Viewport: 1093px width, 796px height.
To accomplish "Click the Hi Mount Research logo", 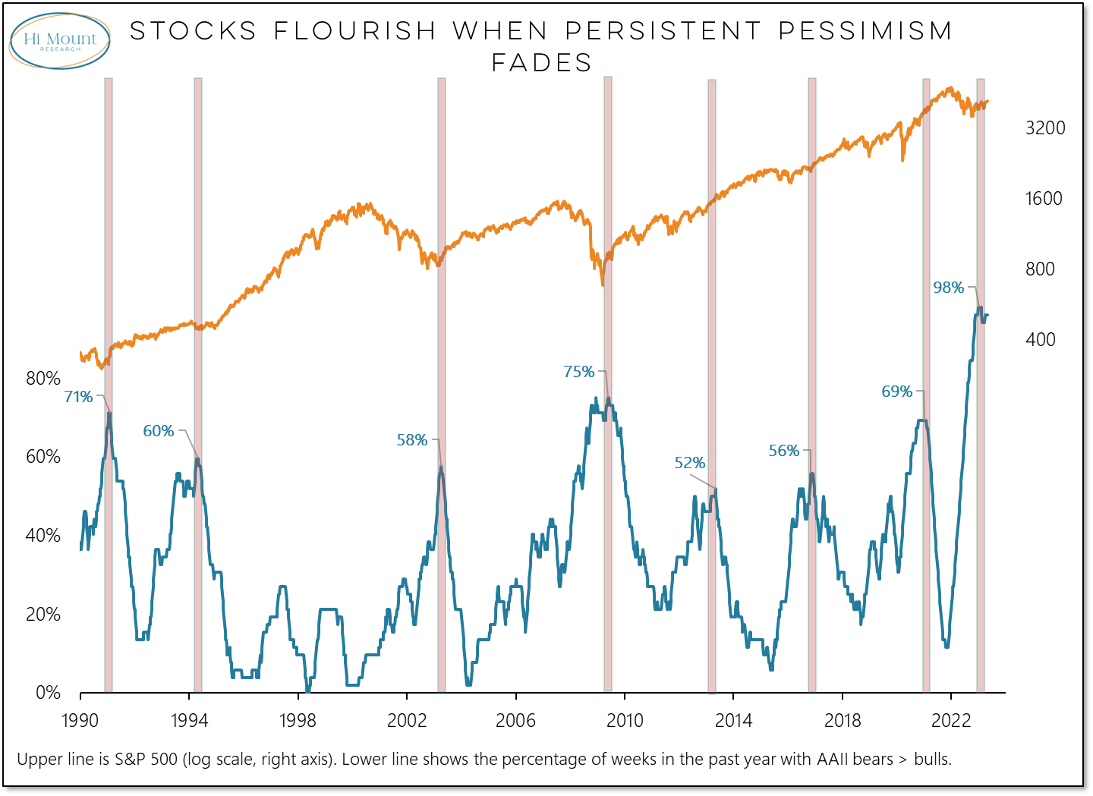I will click(60, 40).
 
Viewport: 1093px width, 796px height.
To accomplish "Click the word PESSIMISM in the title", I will click(865, 31).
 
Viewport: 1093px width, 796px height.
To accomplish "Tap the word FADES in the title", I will click(542, 62).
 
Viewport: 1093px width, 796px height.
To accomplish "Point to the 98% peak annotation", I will click(948, 288).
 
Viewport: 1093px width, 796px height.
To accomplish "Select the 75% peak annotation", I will click(578, 372).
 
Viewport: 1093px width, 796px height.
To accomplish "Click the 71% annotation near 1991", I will click(78, 397).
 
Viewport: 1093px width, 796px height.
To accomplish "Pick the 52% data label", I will click(689, 463).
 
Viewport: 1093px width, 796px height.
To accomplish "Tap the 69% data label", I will click(896, 392).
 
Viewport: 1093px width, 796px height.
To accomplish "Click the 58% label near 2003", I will click(412, 440).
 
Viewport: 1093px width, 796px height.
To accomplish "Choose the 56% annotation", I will click(784, 451).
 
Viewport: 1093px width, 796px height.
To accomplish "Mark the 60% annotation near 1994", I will click(159, 431).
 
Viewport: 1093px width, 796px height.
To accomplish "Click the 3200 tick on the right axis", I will click(1045, 128).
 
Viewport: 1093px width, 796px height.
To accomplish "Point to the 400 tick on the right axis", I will click(1040, 339).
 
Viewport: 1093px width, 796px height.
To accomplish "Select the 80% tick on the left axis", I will click(43, 379).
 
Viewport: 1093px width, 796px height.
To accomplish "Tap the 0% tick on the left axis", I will click(48, 692).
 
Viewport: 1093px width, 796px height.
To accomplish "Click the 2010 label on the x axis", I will click(625, 721).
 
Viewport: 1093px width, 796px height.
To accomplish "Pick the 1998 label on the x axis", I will click(298, 721).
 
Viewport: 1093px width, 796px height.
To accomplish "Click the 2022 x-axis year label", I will click(951, 721).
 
